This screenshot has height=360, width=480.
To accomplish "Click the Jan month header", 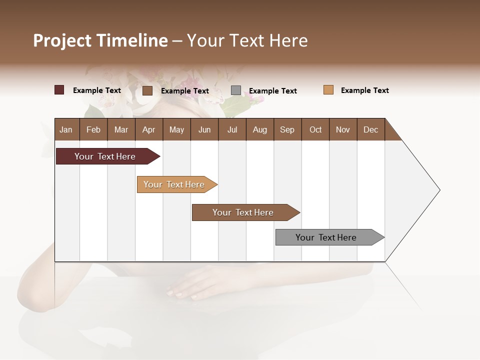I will click(66, 129).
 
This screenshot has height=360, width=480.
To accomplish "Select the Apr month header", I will click(149, 129).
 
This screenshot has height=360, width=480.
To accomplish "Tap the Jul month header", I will click(232, 129).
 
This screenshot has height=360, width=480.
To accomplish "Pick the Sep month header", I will click(287, 129).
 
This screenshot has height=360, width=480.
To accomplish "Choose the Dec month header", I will click(370, 129).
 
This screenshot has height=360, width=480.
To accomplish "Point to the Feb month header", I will click(93, 129).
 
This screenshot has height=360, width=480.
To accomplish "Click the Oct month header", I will click(315, 129).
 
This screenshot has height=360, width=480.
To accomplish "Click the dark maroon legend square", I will click(59, 90).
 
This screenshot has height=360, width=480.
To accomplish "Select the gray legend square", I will click(236, 90).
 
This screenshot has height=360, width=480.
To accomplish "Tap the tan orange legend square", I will click(328, 90).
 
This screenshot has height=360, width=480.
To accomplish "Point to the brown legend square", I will click(147, 90).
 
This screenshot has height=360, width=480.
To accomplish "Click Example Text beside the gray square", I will click(272, 91).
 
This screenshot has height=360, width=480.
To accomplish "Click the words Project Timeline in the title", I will click(100, 40).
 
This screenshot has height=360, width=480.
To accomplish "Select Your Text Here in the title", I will click(247, 40).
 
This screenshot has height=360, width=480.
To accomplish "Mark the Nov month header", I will click(343, 129).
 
